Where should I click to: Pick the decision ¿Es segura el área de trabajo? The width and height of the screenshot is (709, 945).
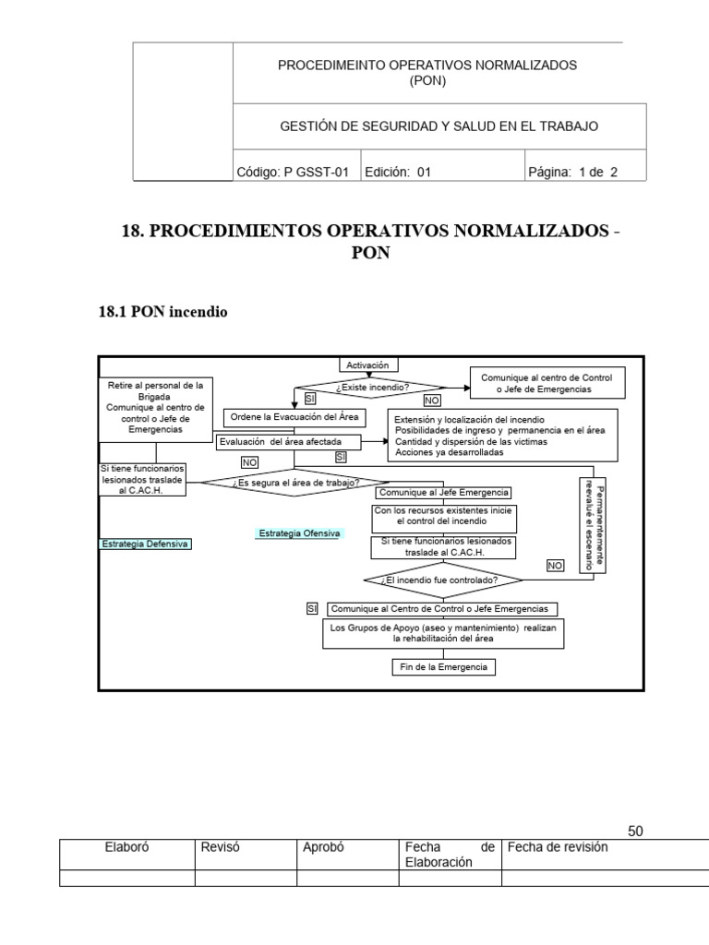[x=296, y=482]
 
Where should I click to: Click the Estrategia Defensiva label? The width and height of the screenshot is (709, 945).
[x=145, y=544]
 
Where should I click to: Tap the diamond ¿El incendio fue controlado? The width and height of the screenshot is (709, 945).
[x=443, y=580]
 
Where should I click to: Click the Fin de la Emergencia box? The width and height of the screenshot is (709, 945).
[x=443, y=666]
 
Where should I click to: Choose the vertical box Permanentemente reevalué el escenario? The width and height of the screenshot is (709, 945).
[x=592, y=526]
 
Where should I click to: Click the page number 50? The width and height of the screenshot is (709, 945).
[x=635, y=831]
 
